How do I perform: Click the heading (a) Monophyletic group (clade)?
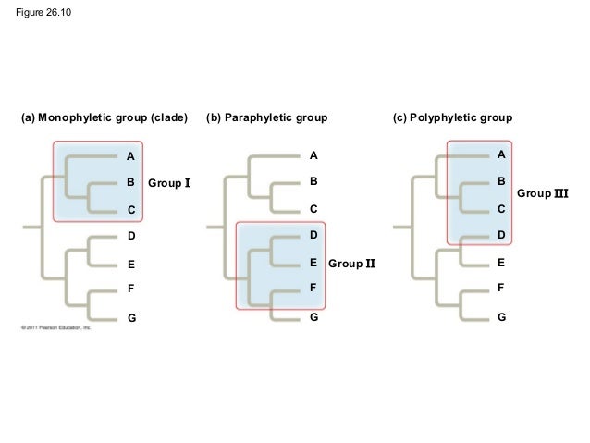(x=104, y=119)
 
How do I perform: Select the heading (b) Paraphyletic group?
(x=267, y=119)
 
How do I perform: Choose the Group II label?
(x=352, y=264)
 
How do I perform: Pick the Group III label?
(x=542, y=193)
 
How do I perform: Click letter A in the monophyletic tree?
(x=131, y=155)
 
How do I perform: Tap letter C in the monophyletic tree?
(x=131, y=211)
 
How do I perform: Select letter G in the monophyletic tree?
(x=131, y=318)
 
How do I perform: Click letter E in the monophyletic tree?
(x=131, y=265)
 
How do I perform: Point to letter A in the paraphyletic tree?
(x=313, y=155)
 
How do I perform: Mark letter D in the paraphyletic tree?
(x=313, y=237)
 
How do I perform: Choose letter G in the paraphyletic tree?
(x=313, y=316)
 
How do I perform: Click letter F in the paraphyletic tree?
(x=313, y=289)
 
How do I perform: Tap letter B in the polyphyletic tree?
(x=500, y=181)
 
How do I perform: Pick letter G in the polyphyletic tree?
(x=500, y=316)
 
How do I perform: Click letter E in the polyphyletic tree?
(x=500, y=263)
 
